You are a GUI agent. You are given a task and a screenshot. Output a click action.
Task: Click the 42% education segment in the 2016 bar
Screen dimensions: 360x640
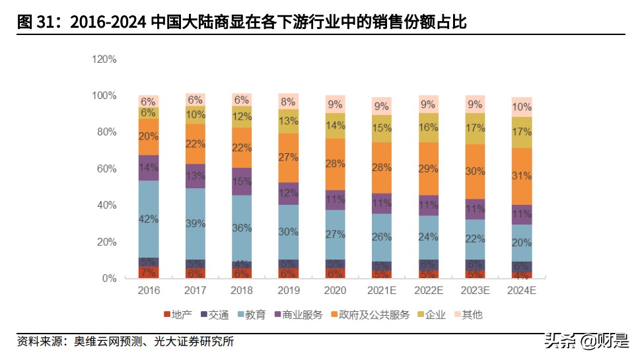pos(148,219)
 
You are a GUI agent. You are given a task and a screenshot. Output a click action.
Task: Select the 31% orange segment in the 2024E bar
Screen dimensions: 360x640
pos(521,176)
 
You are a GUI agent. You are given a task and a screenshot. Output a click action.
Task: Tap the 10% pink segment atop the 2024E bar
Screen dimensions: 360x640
pos(521,107)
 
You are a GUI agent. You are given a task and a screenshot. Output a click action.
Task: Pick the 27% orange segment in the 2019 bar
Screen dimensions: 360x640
pos(288,158)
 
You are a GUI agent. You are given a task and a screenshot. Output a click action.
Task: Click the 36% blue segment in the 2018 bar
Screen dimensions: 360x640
pos(242,228)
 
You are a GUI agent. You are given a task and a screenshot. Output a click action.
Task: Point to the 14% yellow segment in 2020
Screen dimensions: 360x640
pos(335,126)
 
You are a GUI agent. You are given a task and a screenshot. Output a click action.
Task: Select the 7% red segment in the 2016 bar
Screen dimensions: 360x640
pos(148,272)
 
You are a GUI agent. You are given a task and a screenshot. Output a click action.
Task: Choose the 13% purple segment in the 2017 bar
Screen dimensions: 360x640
pos(195,176)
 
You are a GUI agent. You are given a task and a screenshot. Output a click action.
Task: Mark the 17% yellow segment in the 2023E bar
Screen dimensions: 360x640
pos(475,128)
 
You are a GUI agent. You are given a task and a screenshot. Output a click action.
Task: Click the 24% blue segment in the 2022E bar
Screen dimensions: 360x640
pos(428,237)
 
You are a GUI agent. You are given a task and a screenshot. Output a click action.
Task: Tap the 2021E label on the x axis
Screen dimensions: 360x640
pos(381,291)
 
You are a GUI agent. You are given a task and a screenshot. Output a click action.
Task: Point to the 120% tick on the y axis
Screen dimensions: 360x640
pos(104,59)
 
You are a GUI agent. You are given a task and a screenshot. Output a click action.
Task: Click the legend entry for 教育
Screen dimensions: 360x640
pos(252,315)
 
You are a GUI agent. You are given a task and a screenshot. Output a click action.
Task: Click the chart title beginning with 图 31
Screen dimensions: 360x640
pos(241,22)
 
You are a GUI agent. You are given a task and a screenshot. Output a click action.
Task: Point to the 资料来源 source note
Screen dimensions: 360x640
pos(125,342)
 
